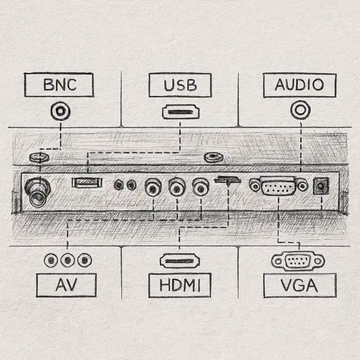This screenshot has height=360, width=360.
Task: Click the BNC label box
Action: (60, 85)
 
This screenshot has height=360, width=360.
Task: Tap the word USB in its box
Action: (180, 85)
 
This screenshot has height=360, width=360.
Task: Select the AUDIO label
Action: (299, 85)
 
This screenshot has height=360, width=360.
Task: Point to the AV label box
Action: (66, 285)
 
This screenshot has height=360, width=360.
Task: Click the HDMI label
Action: (180, 285)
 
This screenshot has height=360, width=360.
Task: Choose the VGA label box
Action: (299, 285)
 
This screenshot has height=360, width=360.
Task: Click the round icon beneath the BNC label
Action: (59, 111)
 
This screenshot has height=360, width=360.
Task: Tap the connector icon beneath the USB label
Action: (181, 111)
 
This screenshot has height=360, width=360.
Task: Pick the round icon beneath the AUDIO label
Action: (300, 110)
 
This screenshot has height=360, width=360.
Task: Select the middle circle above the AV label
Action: (67, 260)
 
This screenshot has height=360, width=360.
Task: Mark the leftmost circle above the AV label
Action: (52, 260)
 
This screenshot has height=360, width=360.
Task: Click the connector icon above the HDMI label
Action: (180, 260)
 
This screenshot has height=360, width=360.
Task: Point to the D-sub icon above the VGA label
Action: (298, 260)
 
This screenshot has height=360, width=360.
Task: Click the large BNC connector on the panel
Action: (38, 193)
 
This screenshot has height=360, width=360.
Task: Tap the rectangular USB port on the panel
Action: (87, 182)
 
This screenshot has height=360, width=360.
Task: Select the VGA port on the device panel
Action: (278, 186)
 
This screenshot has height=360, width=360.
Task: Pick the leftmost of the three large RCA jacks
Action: (153, 186)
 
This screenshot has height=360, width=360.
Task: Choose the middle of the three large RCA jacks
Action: (177, 186)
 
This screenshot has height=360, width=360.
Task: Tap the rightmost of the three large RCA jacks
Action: (201, 186)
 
